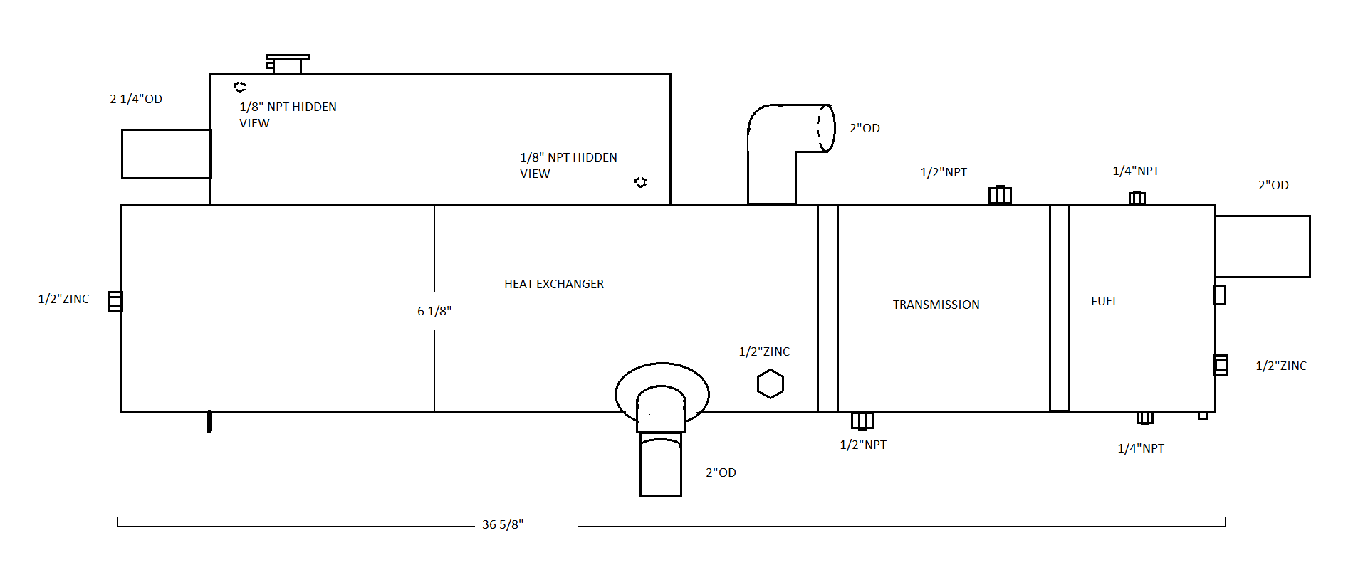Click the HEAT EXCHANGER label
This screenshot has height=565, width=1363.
click(554, 284)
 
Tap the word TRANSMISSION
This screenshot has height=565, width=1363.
click(936, 305)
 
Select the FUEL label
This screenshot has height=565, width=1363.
click(1104, 301)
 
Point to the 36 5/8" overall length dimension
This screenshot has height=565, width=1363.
click(503, 524)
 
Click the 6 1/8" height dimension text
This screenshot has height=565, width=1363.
click(434, 311)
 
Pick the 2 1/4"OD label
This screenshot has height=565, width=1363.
click(136, 99)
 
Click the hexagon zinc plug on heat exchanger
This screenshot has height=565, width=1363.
click(770, 384)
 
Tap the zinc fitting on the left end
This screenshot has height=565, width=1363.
click(115, 302)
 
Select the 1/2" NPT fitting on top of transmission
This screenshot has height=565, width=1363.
click(1000, 194)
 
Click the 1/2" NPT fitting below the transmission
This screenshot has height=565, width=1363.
click(862, 421)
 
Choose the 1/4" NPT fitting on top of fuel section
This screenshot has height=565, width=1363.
click(1137, 197)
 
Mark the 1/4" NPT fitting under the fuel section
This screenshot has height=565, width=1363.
click(1144, 418)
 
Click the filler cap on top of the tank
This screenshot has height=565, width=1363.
click(287, 63)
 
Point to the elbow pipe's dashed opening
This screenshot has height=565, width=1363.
click(825, 128)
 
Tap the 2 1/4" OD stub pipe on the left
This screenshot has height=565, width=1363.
click(166, 154)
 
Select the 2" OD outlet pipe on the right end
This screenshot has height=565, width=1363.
click(1263, 246)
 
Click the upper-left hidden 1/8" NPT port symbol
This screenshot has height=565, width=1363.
click(240, 87)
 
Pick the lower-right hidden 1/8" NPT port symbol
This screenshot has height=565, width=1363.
click(640, 183)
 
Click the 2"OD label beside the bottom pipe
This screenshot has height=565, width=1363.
click(721, 472)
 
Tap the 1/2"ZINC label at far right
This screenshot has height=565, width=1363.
click(1281, 366)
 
